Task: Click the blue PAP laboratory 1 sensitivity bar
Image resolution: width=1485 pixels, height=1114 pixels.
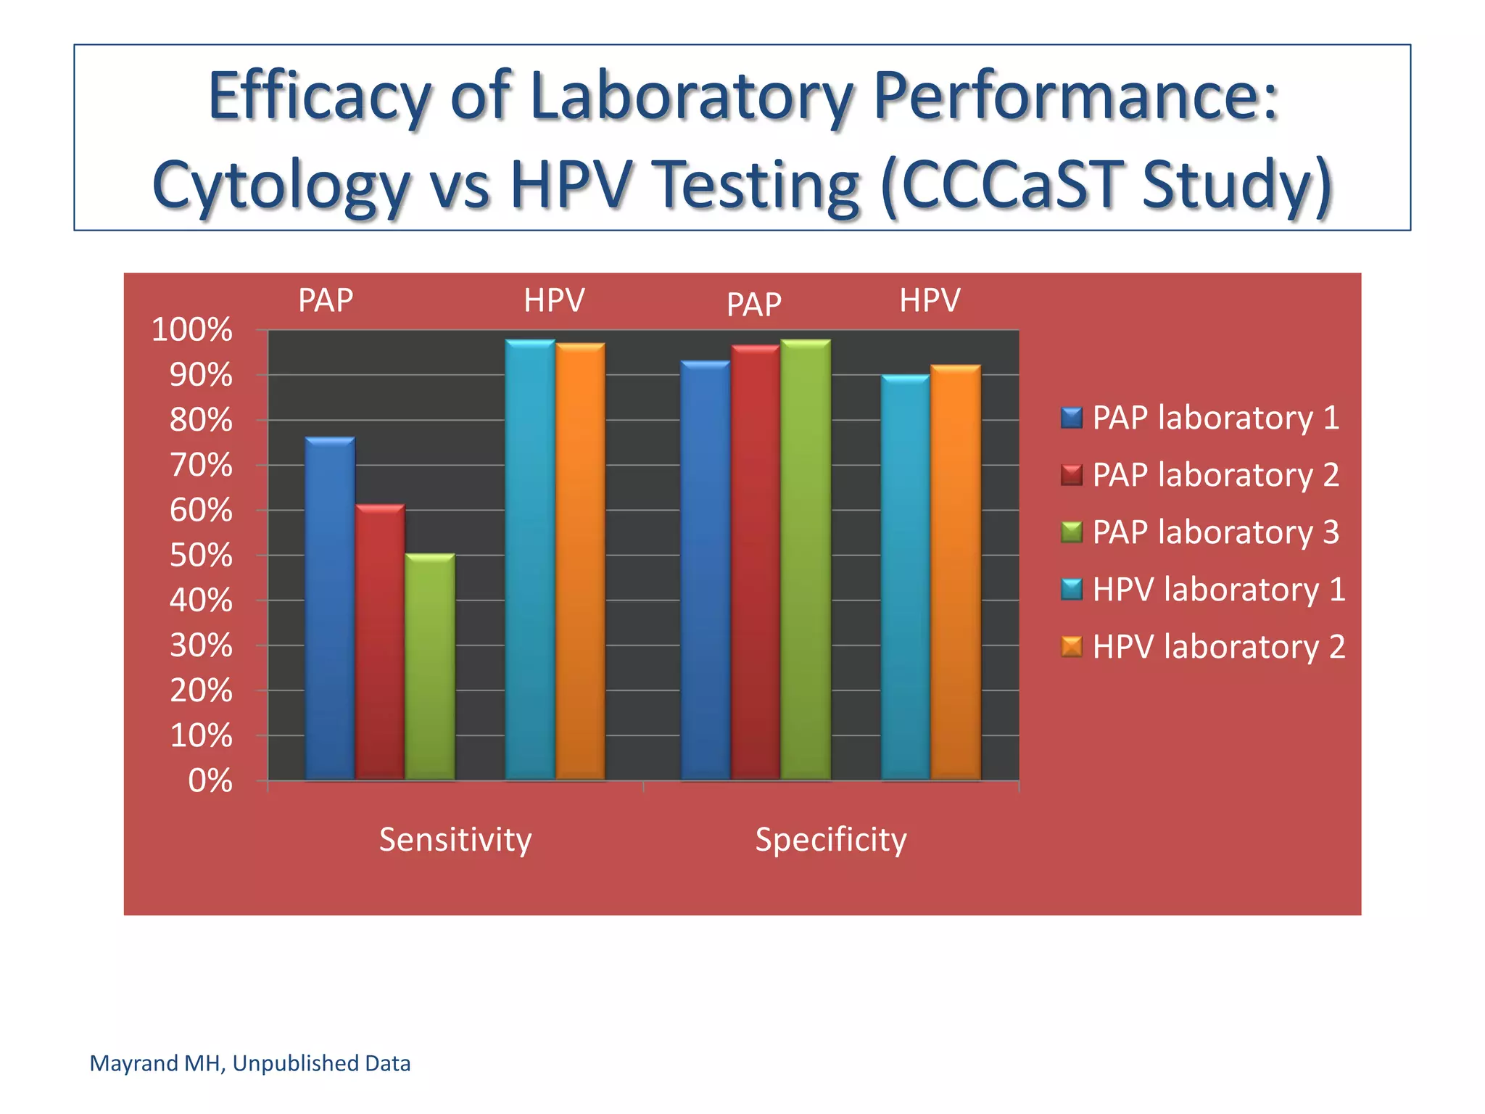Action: pos(330,609)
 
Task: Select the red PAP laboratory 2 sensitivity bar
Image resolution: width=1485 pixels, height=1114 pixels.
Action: pos(380,642)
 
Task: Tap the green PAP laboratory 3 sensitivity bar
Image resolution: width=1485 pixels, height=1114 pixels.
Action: pos(430,667)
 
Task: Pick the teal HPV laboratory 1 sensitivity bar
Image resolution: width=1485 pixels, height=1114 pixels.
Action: pos(530,558)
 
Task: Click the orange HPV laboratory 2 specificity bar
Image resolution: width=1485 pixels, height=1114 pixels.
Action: pos(955,573)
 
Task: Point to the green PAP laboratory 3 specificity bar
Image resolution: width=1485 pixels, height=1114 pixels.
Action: pos(805,558)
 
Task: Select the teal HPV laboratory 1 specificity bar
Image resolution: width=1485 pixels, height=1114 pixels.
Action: pos(905,577)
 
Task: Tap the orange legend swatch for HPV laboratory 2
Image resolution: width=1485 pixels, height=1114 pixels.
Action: pos(1071,646)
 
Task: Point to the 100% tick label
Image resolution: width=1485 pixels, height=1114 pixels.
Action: pos(191,330)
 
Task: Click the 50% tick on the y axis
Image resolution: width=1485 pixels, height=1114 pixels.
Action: pos(201,556)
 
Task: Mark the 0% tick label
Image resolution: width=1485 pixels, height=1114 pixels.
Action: pos(210,781)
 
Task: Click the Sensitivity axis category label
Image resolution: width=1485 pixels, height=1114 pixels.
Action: pos(455,840)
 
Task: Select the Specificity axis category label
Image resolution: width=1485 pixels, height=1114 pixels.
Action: pos(831,840)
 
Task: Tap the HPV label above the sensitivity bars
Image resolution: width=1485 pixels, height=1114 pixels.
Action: pos(554,300)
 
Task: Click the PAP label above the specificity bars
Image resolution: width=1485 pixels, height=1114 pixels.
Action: pos(753,304)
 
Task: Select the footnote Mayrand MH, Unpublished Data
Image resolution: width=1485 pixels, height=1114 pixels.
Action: pos(249,1063)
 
